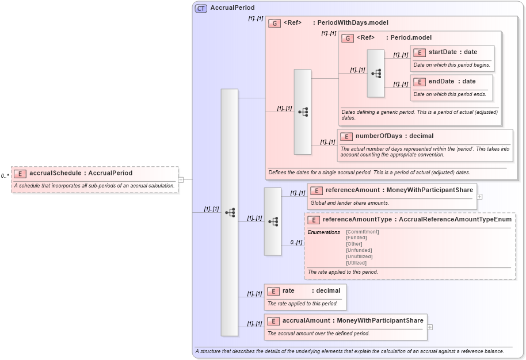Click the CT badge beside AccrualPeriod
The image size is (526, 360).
201,8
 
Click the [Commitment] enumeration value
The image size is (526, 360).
362,232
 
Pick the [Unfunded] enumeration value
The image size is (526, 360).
359,250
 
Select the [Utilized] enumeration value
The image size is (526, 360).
356,263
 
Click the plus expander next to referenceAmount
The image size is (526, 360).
479,196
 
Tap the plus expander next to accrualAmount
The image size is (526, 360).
430,327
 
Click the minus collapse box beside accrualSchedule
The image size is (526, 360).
181,179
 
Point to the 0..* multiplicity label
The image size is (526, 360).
5,176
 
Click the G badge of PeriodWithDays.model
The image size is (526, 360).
275,24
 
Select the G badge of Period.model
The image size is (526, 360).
348,38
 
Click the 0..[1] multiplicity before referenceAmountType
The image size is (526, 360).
296,243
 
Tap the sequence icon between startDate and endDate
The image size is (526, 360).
376,74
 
